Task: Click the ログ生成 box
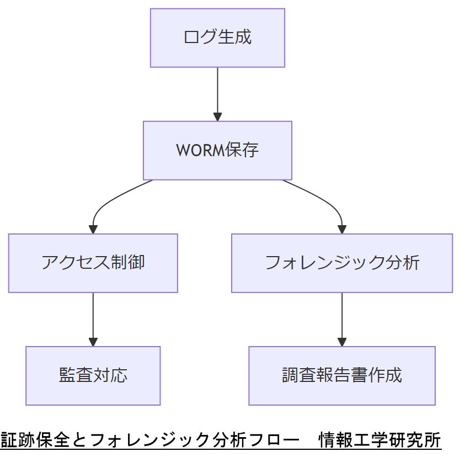[x=217, y=38]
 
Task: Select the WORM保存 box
[x=217, y=150]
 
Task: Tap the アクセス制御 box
[x=93, y=263]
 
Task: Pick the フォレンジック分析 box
[x=341, y=263]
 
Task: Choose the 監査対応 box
[x=93, y=375]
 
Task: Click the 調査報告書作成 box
[x=341, y=375]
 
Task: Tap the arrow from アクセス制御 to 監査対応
[x=93, y=317]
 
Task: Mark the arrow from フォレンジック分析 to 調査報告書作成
[x=341, y=317]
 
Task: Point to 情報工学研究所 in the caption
[x=380, y=440]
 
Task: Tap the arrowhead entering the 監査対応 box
[x=93, y=342]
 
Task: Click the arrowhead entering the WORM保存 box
[x=217, y=116]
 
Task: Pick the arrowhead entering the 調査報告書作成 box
[x=341, y=342]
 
